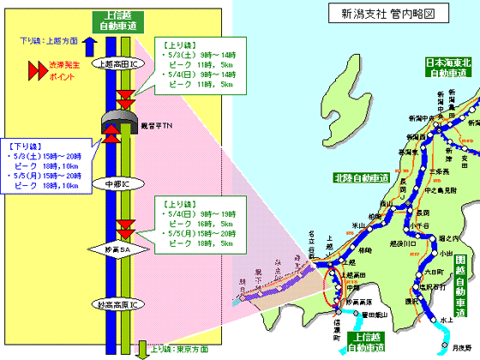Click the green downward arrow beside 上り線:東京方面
click(142, 349)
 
